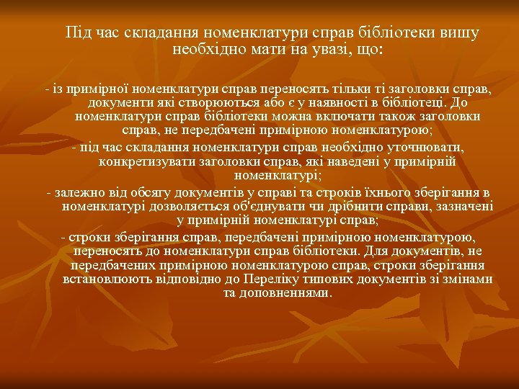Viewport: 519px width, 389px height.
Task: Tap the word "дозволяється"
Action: click(x=203, y=206)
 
